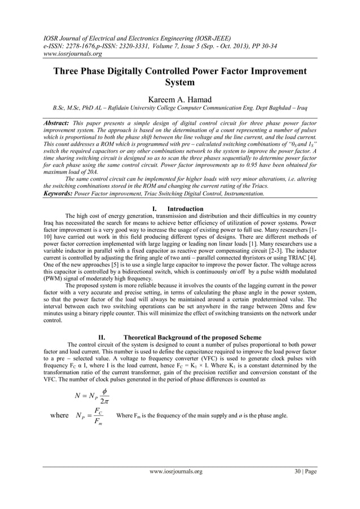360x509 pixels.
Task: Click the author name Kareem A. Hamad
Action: [x=179, y=99]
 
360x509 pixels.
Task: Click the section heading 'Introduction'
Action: [x=186, y=209]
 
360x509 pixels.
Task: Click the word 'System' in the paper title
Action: [x=179, y=82]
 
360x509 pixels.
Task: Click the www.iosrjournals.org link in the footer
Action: [x=175, y=471]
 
